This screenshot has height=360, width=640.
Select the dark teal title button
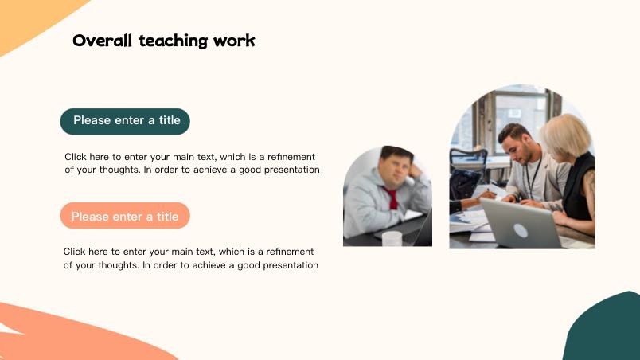125,121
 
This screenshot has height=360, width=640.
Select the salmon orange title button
125,216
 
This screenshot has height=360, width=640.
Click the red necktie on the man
392,198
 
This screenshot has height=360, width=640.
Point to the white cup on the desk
392,238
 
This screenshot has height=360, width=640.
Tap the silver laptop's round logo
521,231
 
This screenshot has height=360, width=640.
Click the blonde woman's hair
566,135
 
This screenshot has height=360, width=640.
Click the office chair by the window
469,163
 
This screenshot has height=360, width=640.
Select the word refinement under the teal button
291,157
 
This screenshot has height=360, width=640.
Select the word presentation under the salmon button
291,265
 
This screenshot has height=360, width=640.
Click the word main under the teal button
183,157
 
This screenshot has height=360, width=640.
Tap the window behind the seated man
521,119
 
